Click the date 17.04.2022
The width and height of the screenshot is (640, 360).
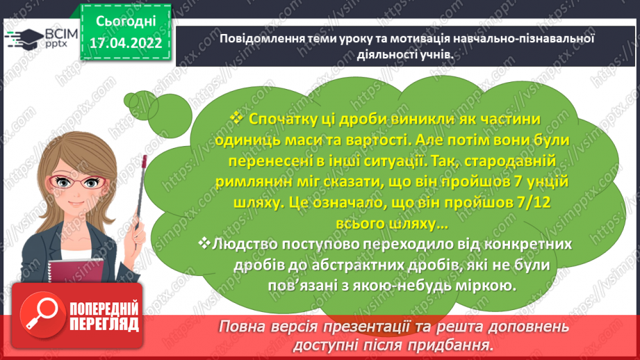coord(125,42)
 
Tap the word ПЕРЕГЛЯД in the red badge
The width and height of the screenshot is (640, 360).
coord(104,325)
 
